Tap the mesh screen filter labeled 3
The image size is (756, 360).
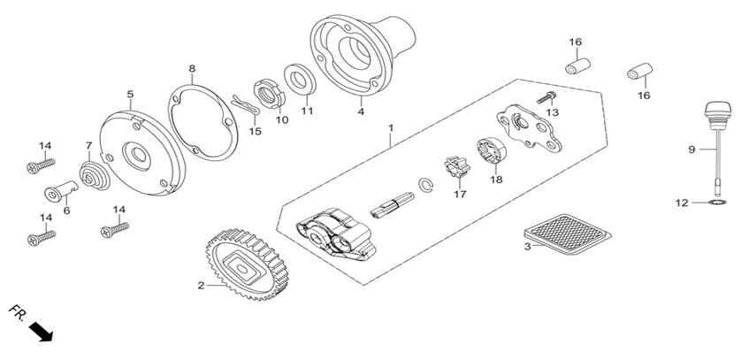(x=568, y=234)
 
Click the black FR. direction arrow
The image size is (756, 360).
(x=41, y=332)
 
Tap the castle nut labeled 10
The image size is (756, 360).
(x=269, y=94)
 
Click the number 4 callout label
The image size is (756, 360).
(x=361, y=112)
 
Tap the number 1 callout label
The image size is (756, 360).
(x=391, y=128)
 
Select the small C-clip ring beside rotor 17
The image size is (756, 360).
(x=425, y=186)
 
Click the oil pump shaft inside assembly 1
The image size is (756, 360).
(x=392, y=205)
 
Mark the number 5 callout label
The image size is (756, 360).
(x=130, y=94)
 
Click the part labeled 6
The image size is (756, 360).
(x=61, y=191)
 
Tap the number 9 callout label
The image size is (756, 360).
(x=691, y=149)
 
